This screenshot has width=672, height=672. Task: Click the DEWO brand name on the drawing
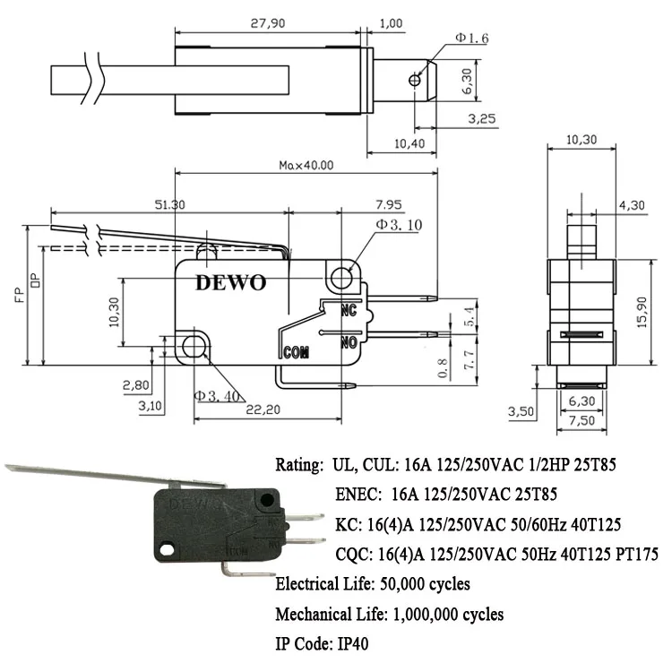[x=230, y=283]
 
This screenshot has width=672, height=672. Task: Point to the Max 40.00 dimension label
[x=306, y=165]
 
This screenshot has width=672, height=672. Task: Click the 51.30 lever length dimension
[x=169, y=204]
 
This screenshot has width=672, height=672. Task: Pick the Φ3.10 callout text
[x=398, y=225]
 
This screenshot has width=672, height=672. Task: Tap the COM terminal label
[x=296, y=351]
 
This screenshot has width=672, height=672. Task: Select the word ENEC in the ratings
[x=357, y=494]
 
